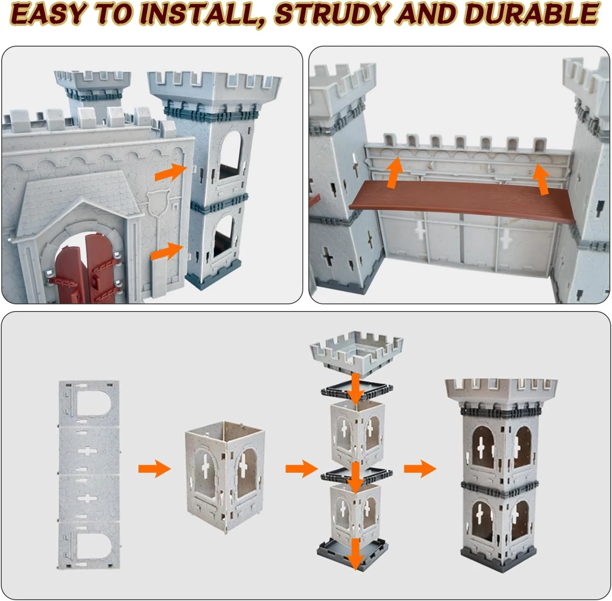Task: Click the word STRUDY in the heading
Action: pos(332,14)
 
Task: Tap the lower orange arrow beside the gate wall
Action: pos(167,251)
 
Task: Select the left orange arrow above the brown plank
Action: pos(394,173)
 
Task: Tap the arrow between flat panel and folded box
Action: pos(154,469)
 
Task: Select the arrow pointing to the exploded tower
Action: pos(302,469)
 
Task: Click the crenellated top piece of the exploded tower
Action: pos(357,353)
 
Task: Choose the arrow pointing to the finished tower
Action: pos(420,469)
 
